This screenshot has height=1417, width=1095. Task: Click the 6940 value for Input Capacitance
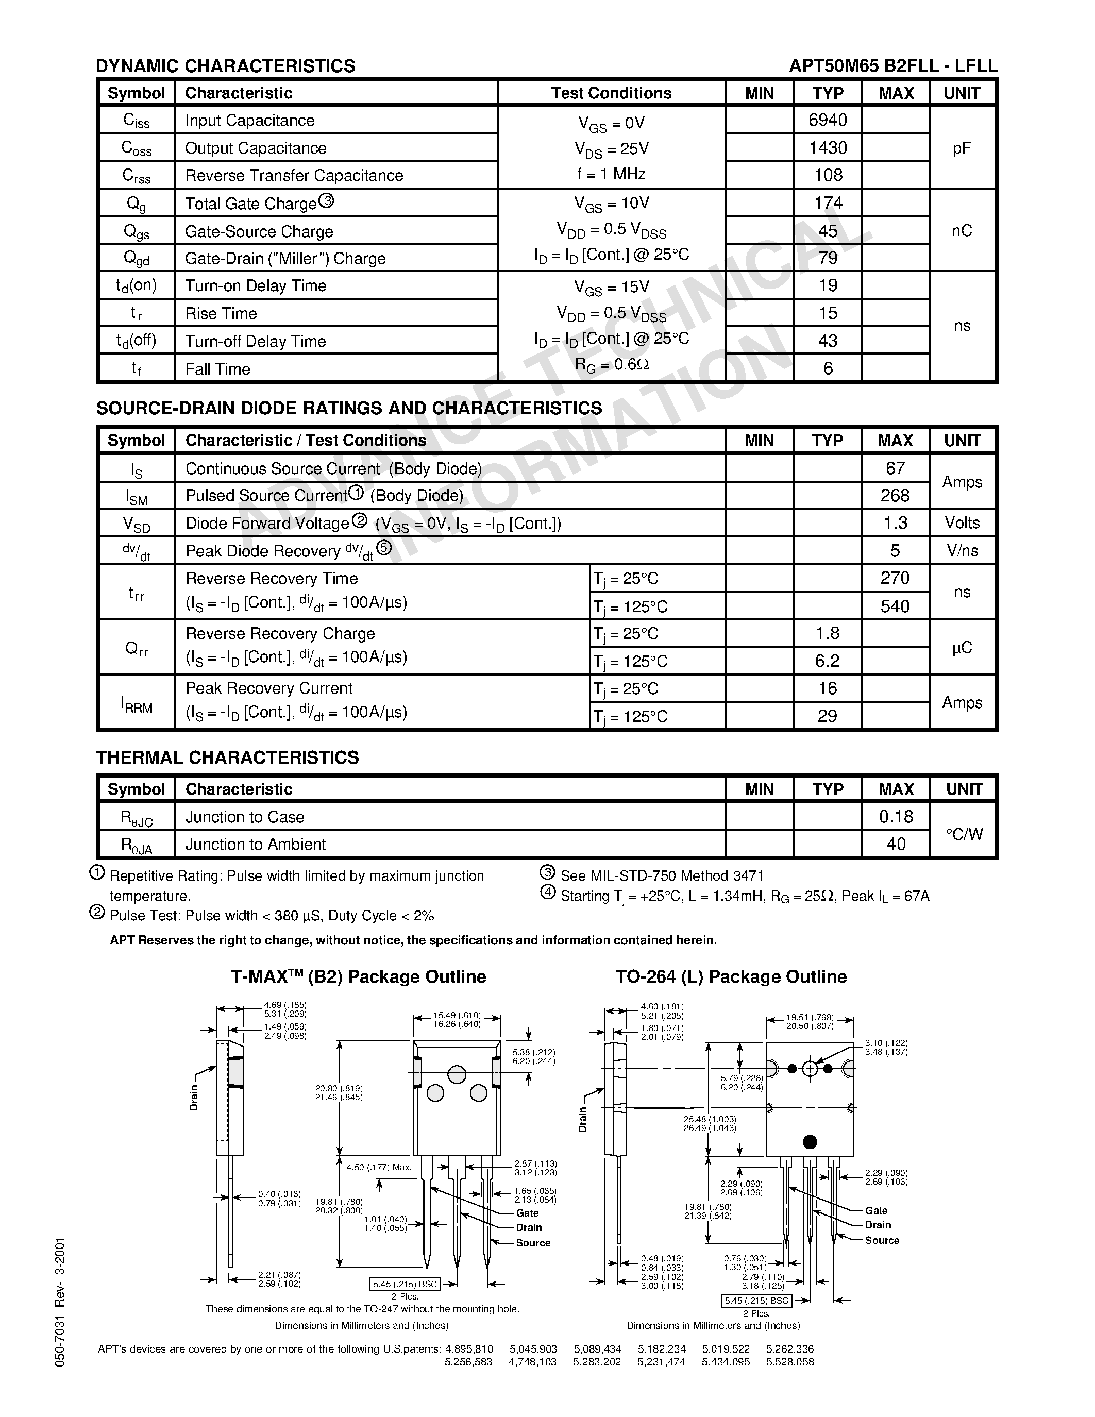point(828,120)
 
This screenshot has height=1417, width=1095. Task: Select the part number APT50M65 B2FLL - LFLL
point(893,65)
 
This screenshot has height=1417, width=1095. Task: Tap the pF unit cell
point(962,148)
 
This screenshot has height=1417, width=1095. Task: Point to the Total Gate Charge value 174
point(828,203)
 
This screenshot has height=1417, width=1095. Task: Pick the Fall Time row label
point(217,369)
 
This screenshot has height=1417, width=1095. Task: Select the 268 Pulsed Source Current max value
point(895,496)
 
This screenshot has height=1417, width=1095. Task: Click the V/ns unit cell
point(962,551)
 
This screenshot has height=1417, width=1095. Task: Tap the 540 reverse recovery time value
point(895,606)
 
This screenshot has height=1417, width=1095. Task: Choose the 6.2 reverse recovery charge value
point(827,661)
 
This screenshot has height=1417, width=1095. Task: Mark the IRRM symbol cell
point(136,703)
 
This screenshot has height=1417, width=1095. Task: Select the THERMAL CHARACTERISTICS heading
point(228,757)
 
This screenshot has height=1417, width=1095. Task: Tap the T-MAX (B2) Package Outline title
point(359,976)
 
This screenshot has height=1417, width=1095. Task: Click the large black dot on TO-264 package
point(810,1142)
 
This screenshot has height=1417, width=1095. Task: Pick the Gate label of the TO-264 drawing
point(875,1210)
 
